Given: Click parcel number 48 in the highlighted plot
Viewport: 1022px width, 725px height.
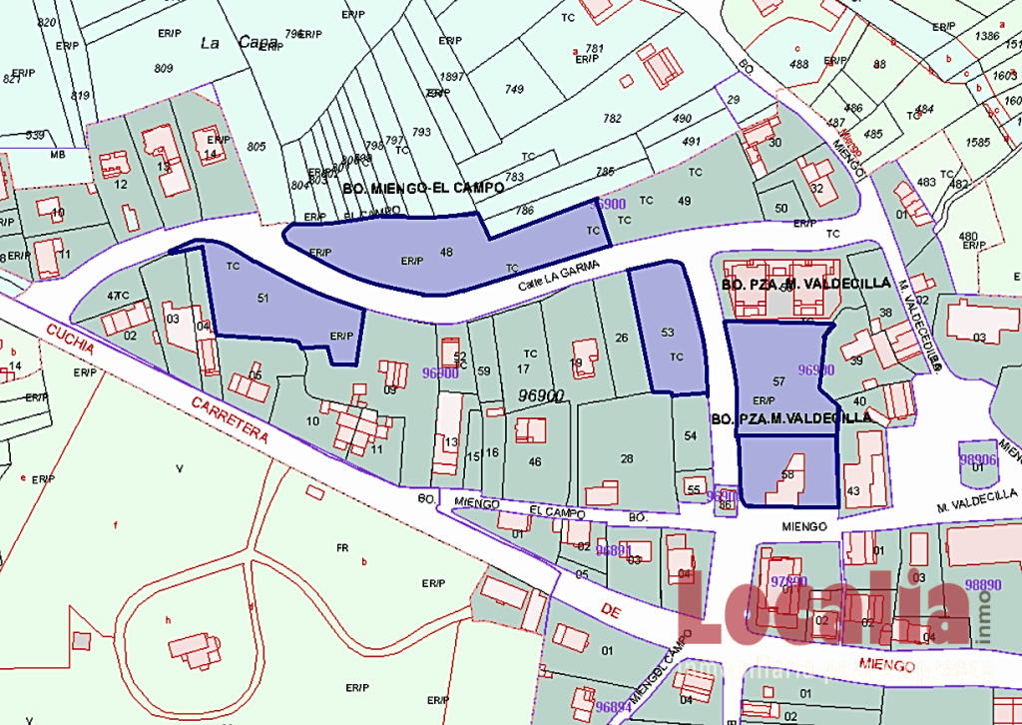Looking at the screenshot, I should tap(446, 253).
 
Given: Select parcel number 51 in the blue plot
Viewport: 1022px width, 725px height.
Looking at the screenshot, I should tap(263, 298).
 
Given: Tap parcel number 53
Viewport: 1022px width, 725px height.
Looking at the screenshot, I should tap(668, 333).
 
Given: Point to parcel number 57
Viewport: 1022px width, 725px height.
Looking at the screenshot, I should tap(779, 382).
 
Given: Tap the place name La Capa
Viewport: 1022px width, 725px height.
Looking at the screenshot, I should tap(239, 43).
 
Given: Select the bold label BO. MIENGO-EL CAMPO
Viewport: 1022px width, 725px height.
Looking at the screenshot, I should tap(423, 188).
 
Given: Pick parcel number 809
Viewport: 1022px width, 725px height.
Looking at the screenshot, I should tap(164, 68).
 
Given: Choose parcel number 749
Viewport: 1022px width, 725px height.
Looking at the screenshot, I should tap(514, 90).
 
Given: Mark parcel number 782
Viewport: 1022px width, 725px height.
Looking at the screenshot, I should tap(612, 119).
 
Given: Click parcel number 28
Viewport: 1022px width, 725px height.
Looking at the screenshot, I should tap(627, 458).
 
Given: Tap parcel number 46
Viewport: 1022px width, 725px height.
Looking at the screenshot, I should tap(535, 461).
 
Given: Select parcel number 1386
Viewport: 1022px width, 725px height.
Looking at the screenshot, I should tap(987, 36).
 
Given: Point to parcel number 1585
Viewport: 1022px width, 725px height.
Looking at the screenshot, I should tap(978, 143).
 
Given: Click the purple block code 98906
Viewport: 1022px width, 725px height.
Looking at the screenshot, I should tap(978, 460).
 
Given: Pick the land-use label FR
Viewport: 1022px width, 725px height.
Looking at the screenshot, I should tap(341, 548).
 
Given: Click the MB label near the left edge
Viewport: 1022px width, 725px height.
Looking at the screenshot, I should tap(58, 155).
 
